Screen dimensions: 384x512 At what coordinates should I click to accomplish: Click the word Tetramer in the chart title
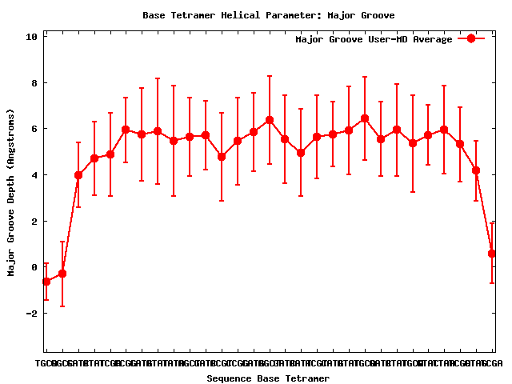(x=193, y=15)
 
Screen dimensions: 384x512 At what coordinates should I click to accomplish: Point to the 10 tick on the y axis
(x=32, y=37)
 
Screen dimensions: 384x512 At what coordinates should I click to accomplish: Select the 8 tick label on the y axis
(x=34, y=83)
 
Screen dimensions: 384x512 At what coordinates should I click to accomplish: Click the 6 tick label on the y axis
(x=34, y=129)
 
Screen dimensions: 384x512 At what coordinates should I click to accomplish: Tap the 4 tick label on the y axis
(x=34, y=175)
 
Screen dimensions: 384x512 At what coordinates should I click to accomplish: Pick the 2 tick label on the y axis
(x=34, y=222)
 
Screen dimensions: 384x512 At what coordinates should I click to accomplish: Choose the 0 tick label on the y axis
(x=34, y=267)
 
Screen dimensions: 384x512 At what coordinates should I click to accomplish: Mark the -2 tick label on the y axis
(x=32, y=314)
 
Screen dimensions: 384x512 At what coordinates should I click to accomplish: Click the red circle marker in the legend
(x=471, y=38)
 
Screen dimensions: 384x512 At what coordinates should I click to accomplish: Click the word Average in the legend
(x=432, y=39)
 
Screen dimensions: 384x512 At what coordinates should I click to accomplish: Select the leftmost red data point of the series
(x=46, y=282)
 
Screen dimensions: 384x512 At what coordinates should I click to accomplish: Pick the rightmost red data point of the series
(x=492, y=254)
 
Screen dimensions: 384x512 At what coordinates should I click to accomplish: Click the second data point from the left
(x=62, y=274)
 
